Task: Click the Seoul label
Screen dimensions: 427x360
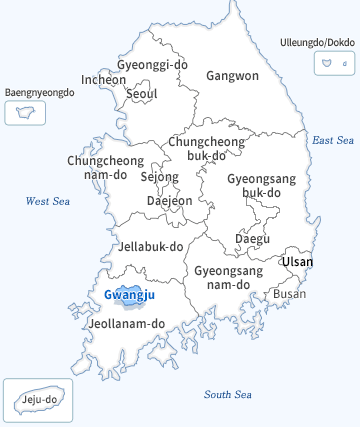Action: tap(142, 94)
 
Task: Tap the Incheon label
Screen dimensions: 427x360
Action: tap(104, 80)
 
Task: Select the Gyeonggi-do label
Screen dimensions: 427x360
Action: tap(152, 65)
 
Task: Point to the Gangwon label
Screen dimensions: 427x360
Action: tap(232, 75)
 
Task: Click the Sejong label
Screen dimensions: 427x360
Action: tap(159, 177)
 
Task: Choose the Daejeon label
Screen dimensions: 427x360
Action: tap(169, 200)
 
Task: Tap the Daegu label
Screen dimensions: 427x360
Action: tap(252, 239)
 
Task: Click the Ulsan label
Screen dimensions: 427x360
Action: tap(297, 262)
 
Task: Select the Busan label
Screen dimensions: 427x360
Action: tap(290, 294)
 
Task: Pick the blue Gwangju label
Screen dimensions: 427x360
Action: tap(129, 294)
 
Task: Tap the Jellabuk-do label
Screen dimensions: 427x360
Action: tap(150, 246)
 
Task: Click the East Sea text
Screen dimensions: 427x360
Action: tap(333, 141)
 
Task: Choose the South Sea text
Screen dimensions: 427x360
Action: tap(229, 394)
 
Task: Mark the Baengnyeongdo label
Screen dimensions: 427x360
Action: tap(40, 92)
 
